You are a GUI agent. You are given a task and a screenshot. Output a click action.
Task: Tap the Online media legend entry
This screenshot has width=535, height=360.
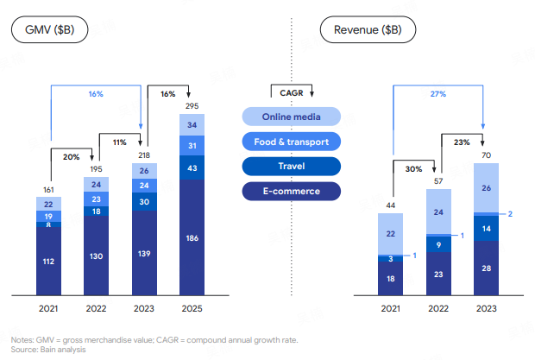292,117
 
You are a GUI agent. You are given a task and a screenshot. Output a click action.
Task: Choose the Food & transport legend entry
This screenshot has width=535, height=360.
292,141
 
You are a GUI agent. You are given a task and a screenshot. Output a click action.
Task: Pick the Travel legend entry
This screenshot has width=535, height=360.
292,166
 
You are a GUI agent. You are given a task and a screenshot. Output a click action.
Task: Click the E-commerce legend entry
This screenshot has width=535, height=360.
292,191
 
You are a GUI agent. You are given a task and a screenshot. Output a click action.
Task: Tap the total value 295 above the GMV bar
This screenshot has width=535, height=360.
192,104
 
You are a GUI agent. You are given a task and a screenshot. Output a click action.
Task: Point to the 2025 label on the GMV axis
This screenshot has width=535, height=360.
192,309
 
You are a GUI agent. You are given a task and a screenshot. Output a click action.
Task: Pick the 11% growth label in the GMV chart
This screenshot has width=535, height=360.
119,141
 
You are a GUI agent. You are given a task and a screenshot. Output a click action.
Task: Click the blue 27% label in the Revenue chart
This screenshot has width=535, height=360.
438,93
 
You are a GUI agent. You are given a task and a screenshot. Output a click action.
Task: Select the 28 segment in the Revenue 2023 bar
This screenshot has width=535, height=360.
486,268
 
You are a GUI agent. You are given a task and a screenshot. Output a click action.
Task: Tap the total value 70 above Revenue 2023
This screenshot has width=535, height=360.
486,155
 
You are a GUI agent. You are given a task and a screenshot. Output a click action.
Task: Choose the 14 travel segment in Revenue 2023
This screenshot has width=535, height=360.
486,229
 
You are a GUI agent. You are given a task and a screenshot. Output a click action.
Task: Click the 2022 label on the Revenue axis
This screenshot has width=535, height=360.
438,309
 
